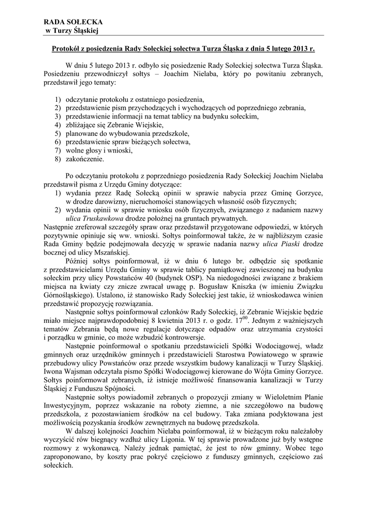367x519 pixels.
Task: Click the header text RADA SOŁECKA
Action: [x=73, y=22]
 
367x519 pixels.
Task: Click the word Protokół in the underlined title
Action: [x=68, y=50]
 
